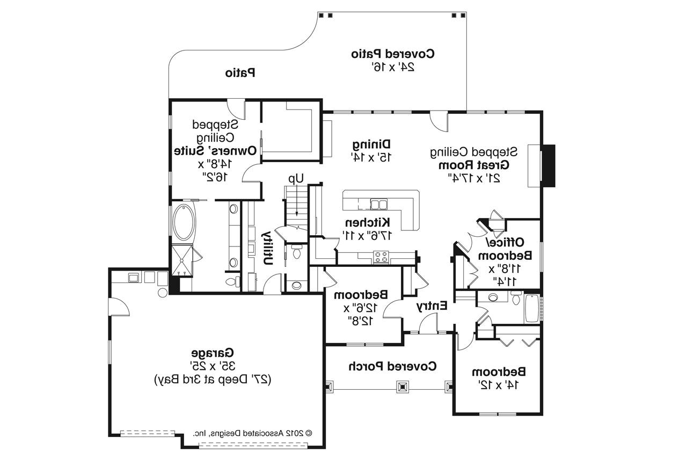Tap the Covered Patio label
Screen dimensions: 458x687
(x=393, y=54)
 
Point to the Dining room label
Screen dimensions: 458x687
(x=371, y=144)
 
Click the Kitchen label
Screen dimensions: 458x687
(x=367, y=222)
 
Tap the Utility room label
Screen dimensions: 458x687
(x=266, y=248)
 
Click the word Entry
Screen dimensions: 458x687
(x=432, y=306)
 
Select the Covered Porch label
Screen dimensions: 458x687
(x=392, y=366)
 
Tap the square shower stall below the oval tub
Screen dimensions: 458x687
(x=182, y=260)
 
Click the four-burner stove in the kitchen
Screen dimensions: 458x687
(x=381, y=257)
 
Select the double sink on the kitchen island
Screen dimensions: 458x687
(x=379, y=203)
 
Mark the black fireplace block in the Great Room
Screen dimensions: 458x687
(x=548, y=166)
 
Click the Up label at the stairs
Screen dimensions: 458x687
(x=296, y=178)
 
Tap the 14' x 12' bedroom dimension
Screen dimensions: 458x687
(x=499, y=384)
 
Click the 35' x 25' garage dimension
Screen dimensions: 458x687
(x=213, y=366)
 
